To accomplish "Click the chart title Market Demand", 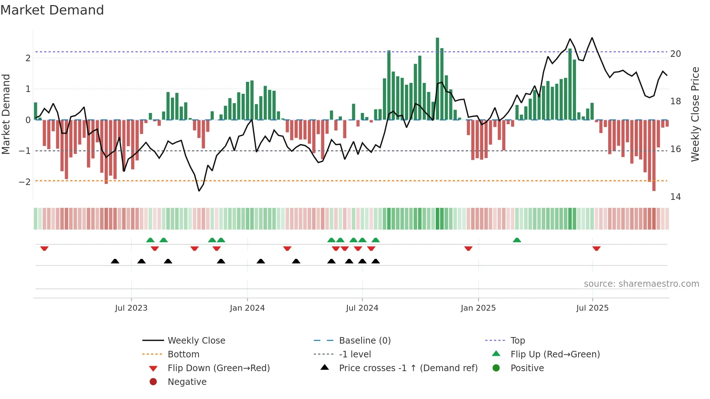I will pos(52,10).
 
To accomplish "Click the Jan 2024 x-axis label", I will pos(247,308).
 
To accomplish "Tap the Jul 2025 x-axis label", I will pos(592,308).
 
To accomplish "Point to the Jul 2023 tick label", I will pos(131,308).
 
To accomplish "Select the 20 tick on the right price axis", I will pos(675,54).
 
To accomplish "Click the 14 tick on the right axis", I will pos(675,197).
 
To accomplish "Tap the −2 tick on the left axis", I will pos(25,182).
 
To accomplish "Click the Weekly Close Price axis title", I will pos(695,114).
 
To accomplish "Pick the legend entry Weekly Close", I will pos(196,341).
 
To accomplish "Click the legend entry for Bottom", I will pos(183,354).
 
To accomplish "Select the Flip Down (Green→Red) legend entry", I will pos(218,368).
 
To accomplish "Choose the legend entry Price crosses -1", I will pos(408,368).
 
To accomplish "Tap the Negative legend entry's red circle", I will pos(153,382).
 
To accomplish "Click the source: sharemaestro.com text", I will pos(641,284).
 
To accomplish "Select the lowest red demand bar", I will pos(654,156).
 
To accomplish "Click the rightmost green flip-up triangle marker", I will pos(517,240).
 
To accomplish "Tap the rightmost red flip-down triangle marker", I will pos(597,248).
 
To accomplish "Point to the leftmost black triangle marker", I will pos(115,261).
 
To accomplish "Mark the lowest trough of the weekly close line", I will pos(199,191).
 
